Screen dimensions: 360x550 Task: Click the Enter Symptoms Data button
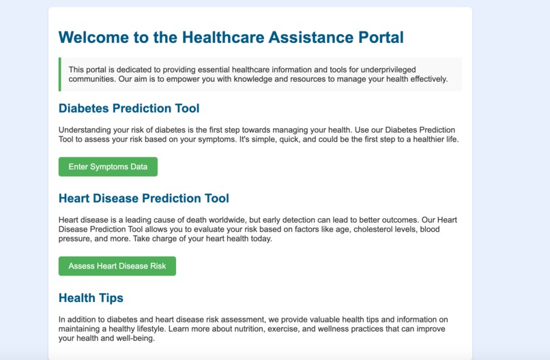click(x=108, y=167)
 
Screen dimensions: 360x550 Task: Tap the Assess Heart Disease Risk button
click(x=117, y=266)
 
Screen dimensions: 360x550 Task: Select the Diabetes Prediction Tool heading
click(x=129, y=108)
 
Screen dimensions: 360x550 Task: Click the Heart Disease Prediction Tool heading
click(x=144, y=198)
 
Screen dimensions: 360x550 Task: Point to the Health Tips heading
click(x=91, y=298)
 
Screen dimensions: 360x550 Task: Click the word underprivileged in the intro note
click(x=383, y=70)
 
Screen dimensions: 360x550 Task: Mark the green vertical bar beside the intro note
click(x=60, y=74)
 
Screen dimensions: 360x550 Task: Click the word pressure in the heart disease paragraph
click(x=75, y=239)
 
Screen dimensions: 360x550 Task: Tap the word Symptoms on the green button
click(x=109, y=167)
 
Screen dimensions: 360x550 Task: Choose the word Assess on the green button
click(x=82, y=266)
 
